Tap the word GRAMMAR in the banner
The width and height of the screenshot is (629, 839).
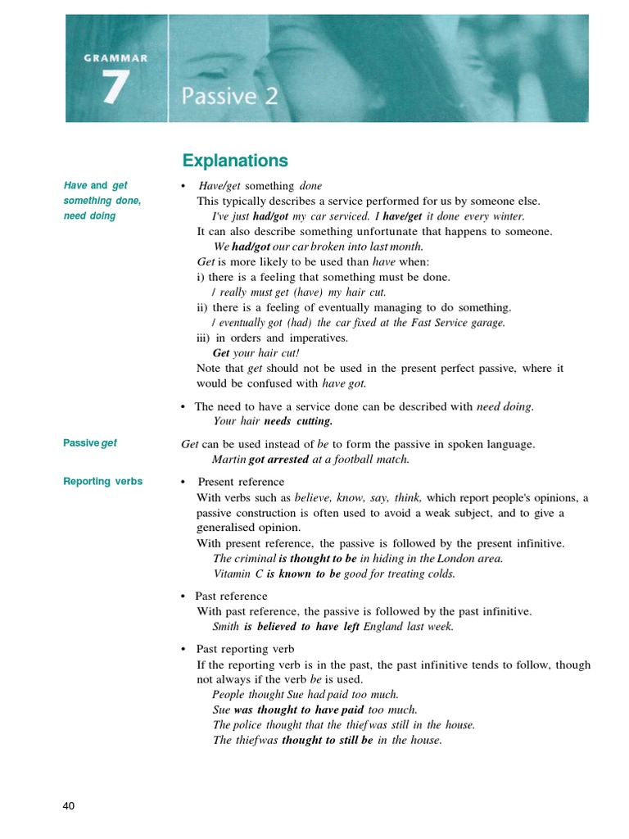(115, 58)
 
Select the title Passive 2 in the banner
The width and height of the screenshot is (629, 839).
(229, 97)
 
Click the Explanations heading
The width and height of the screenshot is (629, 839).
(235, 161)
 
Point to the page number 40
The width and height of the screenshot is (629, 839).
(69, 806)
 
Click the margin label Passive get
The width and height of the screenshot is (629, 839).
(90, 442)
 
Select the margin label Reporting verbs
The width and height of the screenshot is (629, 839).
(103, 481)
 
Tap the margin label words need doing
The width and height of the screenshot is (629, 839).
(90, 216)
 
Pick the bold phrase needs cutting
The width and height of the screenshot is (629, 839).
(298, 421)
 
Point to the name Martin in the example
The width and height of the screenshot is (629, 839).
(229, 460)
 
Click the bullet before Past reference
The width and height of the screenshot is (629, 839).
(183, 596)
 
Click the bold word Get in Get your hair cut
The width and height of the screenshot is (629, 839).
(221, 353)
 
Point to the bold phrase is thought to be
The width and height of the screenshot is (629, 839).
(318, 558)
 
